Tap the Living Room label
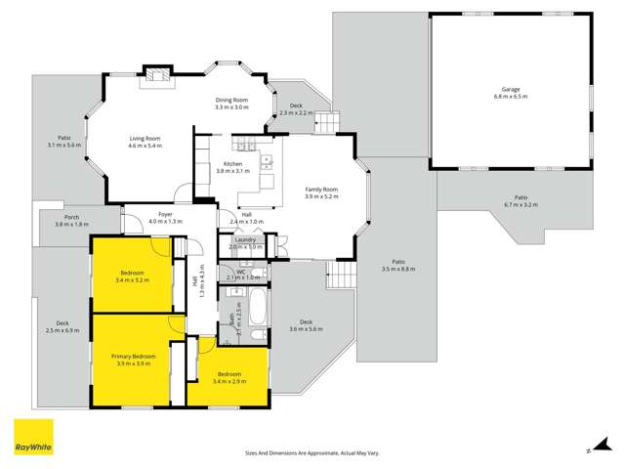click(145, 139)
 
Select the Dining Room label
click(232, 101)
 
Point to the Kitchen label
click(231, 163)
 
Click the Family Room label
click(321, 189)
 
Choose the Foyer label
click(165, 214)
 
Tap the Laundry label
click(245, 239)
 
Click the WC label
click(239, 272)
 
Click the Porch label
click(71, 217)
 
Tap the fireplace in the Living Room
click(156, 77)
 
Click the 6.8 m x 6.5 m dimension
click(510, 97)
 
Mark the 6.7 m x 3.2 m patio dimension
click(521, 205)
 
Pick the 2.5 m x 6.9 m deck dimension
click(62, 330)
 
